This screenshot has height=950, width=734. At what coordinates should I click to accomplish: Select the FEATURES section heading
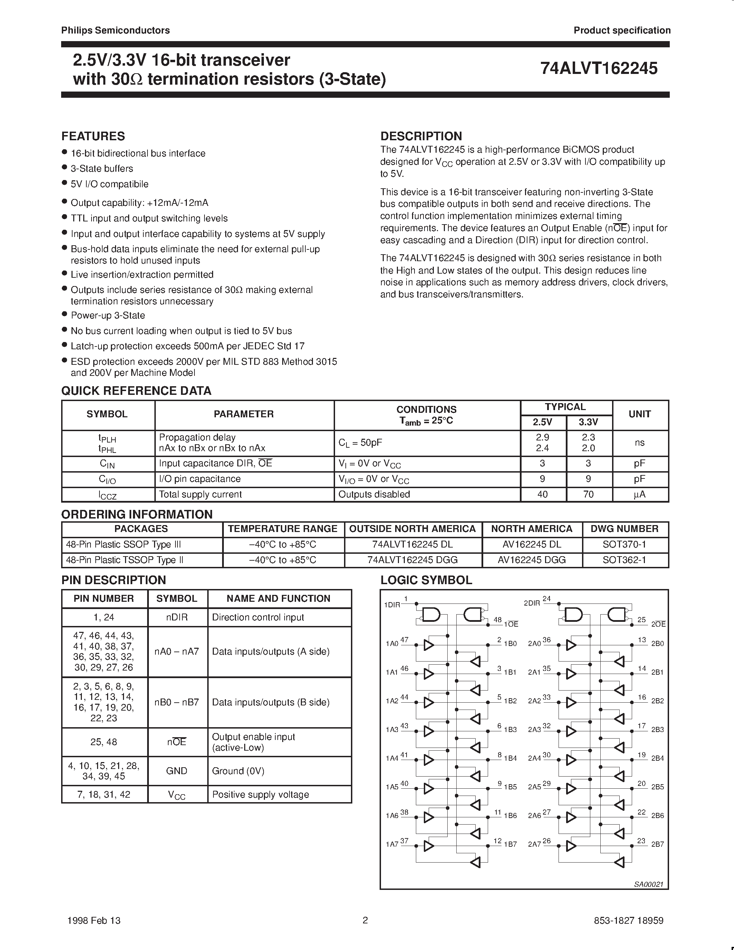(x=93, y=136)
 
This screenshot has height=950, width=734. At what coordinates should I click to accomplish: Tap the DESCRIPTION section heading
(x=421, y=136)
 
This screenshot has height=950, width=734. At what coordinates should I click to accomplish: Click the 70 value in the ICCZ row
(x=588, y=495)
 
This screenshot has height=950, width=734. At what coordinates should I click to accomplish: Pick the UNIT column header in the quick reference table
(x=639, y=414)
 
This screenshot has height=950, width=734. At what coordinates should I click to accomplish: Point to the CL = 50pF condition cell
(x=360, y=443)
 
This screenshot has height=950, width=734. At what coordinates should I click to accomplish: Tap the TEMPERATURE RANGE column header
(x=283, y=529)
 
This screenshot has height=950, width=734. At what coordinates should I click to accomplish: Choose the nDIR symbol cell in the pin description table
(x=177, y=617)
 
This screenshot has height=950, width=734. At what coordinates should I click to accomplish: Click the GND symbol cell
(x=177, y=771)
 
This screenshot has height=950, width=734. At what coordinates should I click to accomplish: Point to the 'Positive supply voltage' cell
(x=260, y=795)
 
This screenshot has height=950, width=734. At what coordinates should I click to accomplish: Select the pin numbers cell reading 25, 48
(x=104, y=742)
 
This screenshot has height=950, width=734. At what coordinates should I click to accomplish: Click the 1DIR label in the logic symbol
(x=392, y=605)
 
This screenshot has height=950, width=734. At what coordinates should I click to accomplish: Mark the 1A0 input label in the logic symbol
(x=391, y=644)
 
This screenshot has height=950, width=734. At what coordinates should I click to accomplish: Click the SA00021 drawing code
(x=648, y=884)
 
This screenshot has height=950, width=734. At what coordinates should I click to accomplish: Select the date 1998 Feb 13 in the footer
(x=94, y=920)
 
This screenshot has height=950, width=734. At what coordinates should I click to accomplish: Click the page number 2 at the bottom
(x=365, y=920)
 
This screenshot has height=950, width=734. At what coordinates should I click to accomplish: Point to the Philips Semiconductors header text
(x=115, y=30)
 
